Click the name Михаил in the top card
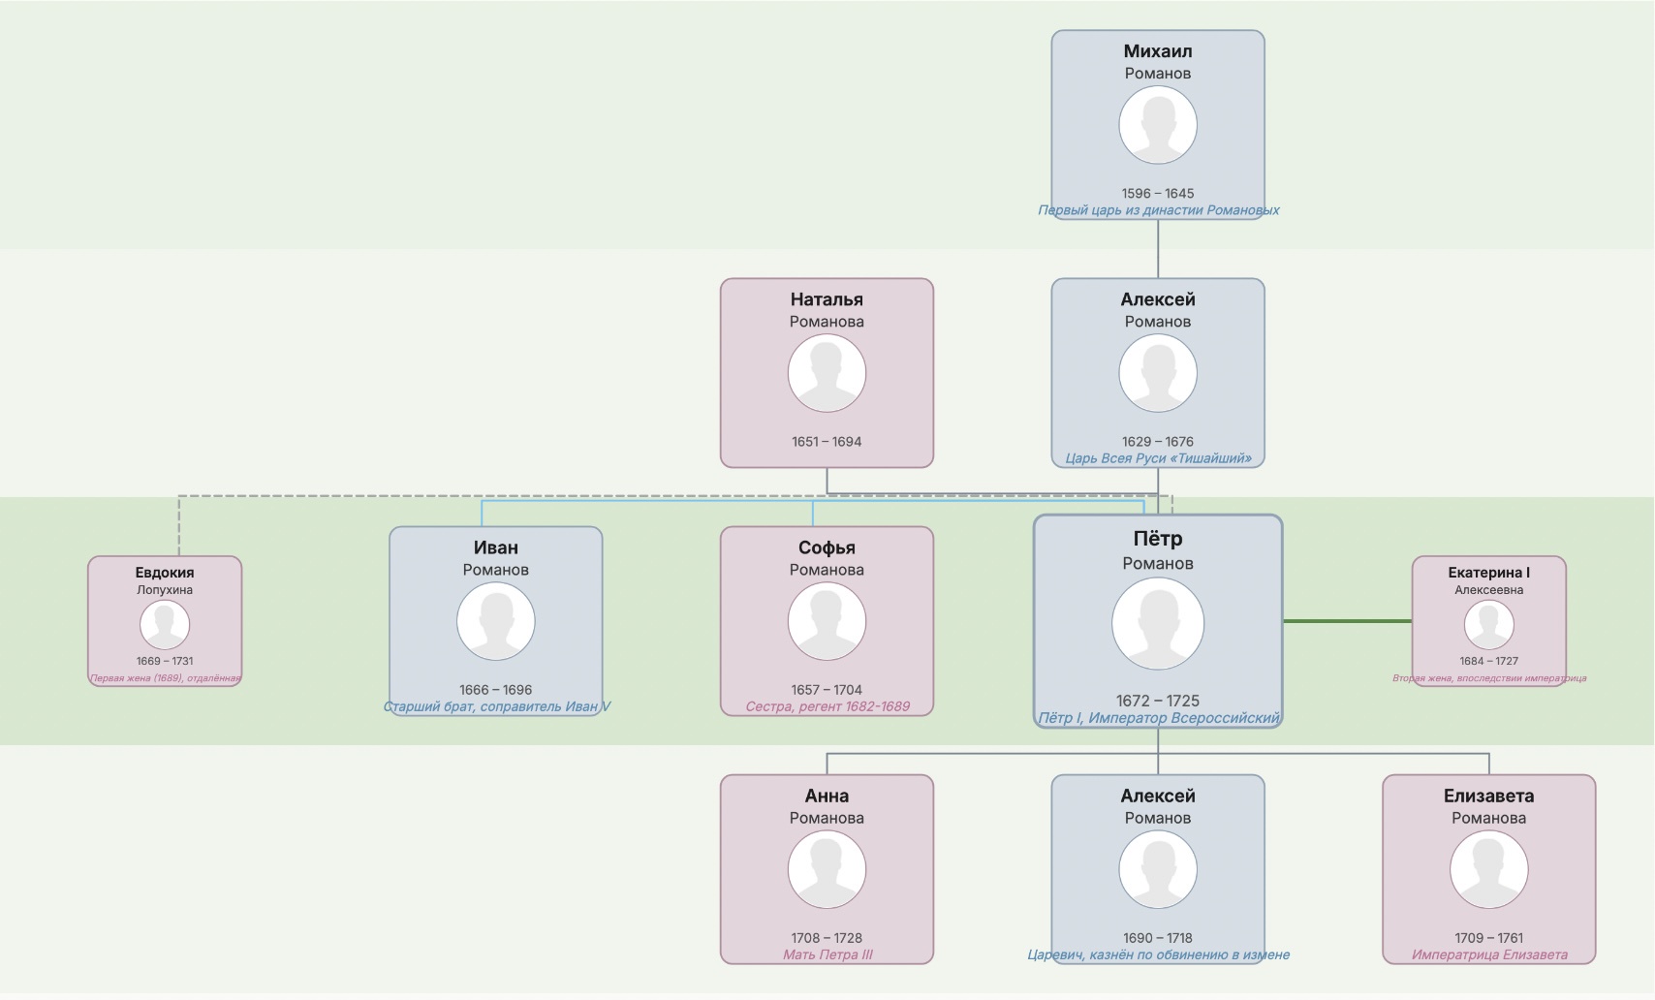click(x=1158, y=51)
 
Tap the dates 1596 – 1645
click(x=1158, y=194)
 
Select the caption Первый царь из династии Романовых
click(x=1159, y=210)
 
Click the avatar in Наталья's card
click(x=827, y=373)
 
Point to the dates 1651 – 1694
click(x=827, y=442)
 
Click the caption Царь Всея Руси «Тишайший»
click(x=1159, y=459)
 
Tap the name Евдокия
click(x=165, y=572)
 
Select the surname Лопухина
click(x=165, y=590)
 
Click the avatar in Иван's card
click(x=496, y=621)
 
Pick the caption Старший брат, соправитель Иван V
click(x=496, y=707)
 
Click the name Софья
click(x=827, y=547)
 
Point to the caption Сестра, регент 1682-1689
click(x=827, y=707)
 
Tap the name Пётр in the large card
click(x=1158, y=538)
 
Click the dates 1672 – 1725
click(x=1158, y=701)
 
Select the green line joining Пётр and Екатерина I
click(x=1348, y=621)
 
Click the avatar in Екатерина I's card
click(x=1488, y=625)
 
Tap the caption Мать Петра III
click(x=827, y=954)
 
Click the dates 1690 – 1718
click(x=1158, y=938)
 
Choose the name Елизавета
click(x=1488, y=796)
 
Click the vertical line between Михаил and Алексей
click(x=1158, y=249)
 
